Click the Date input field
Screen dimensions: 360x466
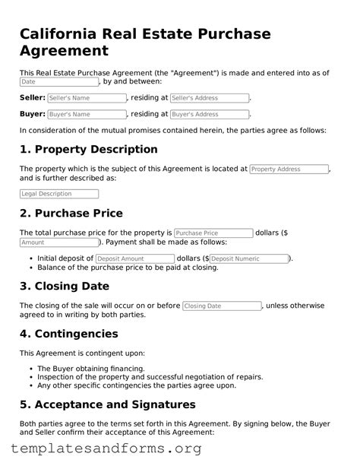click(58, 81)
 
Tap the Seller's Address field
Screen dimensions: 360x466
click(210, 98)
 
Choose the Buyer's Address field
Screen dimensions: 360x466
click(210, 114)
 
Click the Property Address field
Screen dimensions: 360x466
click(289, 170)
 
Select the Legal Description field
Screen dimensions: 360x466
click(58, 194)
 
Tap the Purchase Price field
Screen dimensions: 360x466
click(213, 233)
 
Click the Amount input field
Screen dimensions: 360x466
click(58, 243)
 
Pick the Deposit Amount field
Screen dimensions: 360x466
click(134, 258)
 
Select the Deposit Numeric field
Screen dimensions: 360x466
click(248, 258)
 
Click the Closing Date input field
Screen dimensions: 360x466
click(222, 306)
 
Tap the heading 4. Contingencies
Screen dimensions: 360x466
click(68, 333)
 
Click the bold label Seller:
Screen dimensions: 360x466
click(32, 98)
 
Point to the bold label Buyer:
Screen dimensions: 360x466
click(31, 114)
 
